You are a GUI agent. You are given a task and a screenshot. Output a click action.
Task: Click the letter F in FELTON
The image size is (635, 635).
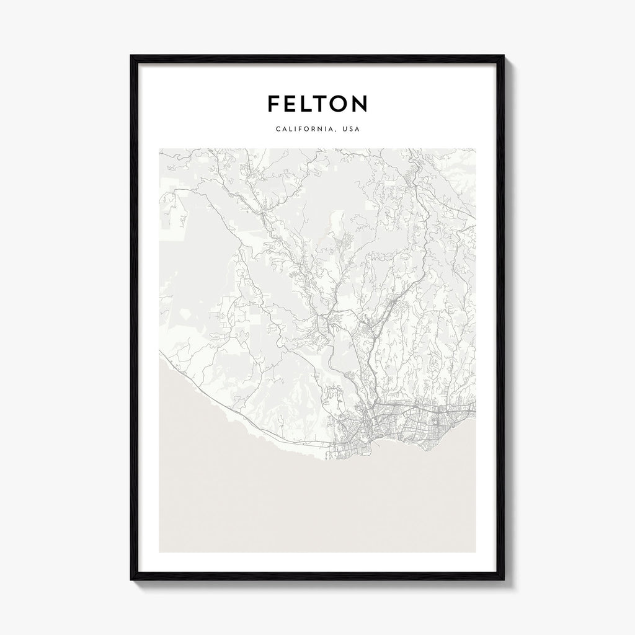click(273, 104)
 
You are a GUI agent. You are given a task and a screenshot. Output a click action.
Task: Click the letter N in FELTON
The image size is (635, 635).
click(359, 104)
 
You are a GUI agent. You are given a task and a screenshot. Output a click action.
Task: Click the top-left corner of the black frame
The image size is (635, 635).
click(131, 55)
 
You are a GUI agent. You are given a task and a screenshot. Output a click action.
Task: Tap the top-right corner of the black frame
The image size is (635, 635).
click(504, 55)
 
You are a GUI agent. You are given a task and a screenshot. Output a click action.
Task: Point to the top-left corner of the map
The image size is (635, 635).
click(159, 148)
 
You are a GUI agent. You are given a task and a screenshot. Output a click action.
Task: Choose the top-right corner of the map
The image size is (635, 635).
click(476, 148)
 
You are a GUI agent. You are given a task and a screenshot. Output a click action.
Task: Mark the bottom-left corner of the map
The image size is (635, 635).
click(159, 552)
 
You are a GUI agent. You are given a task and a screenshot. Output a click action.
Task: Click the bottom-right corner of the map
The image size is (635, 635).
click(476, 552)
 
